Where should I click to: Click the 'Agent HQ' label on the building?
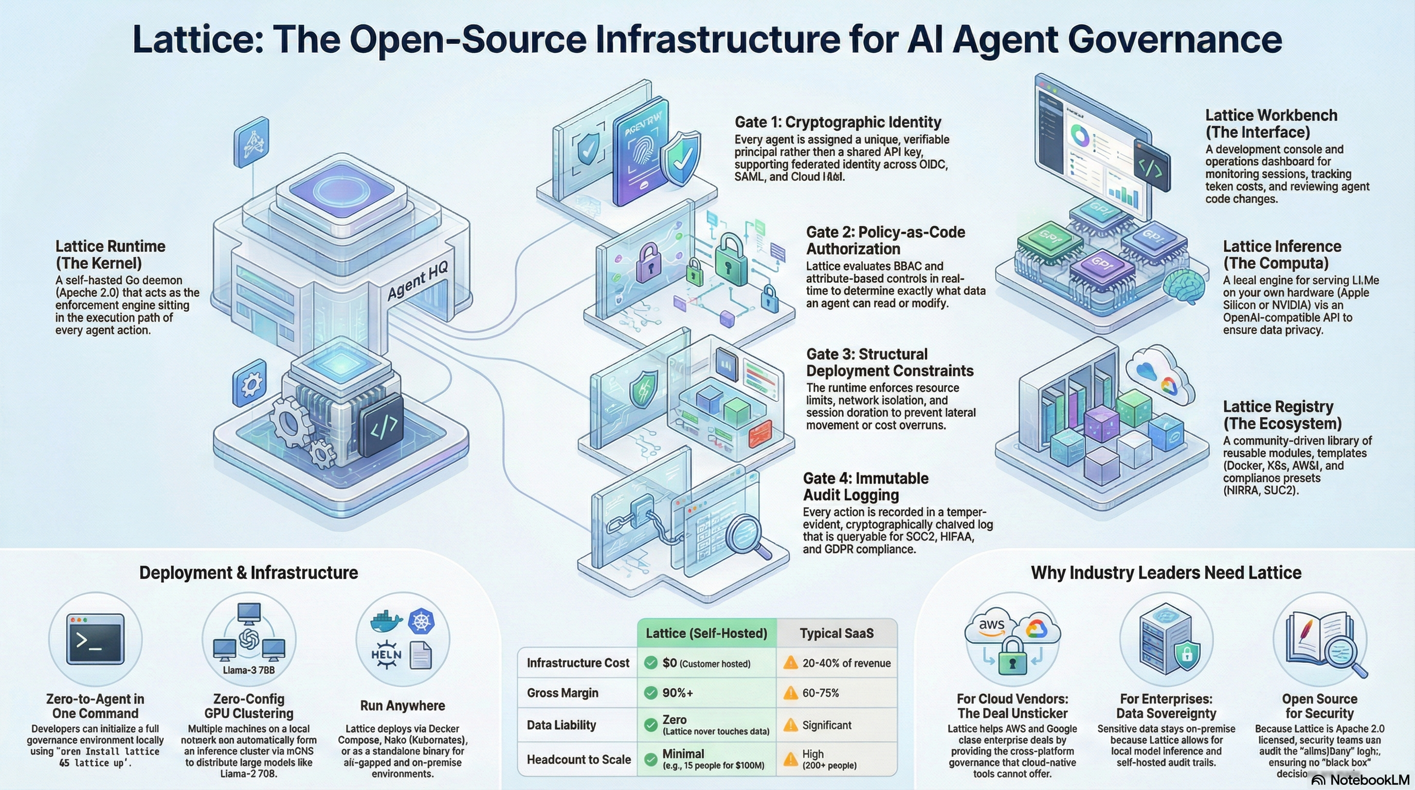[x=418, y=281]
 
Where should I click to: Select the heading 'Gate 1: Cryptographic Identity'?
[x=838, y=122]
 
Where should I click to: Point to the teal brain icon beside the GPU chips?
[x=1184, y=285]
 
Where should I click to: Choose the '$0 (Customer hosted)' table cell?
[x=706, y=663]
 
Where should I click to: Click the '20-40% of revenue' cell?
[x=838, y=663]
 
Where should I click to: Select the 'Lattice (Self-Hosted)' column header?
[x=706, y=633]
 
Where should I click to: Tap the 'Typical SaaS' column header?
[x=837, y=633]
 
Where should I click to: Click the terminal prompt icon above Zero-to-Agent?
[x=95, y=639]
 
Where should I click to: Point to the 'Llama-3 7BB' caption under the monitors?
[x=248, y=670]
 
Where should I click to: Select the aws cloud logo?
[x=991, y=626]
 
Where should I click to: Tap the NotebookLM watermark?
[x=1362, y=780]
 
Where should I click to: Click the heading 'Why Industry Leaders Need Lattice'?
[x=1166, y=572]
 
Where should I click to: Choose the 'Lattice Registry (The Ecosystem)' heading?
[x=1281, y=415]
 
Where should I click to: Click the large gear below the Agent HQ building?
[x=291, y=423]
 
